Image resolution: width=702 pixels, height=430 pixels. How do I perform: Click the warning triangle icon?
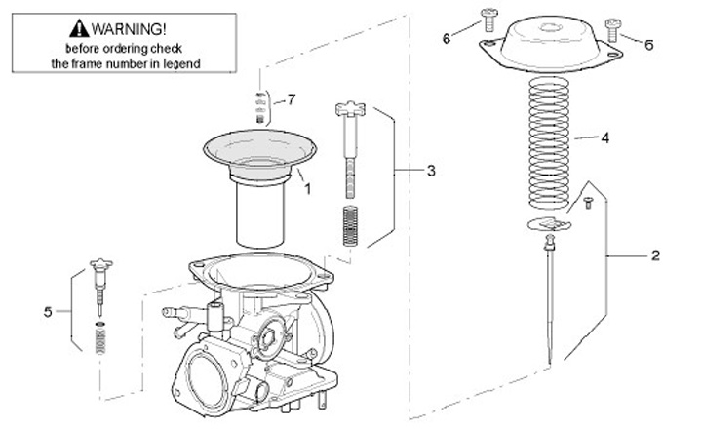(x=79, y=29)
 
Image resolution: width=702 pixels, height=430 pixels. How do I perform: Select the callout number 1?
(x=308, y=188)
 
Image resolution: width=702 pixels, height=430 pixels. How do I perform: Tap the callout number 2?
(x=655, y=255)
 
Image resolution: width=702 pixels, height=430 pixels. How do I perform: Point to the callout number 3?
(x=431, y=170)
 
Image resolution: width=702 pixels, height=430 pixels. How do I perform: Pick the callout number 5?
(x=48, y=312)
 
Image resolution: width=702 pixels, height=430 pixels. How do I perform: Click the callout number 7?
(x=291, y=99)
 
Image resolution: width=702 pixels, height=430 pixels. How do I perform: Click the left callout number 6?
(x=447, y=38)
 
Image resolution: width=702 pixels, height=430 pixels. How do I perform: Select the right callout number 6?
(x=648, y=45)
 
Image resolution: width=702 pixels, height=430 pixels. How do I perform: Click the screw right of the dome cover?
(x=613, y=26)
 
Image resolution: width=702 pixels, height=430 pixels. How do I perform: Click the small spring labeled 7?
(x=260, y=106)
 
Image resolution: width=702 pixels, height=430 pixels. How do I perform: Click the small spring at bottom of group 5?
(x=98, y=342)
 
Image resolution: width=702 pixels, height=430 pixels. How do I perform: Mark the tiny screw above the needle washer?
(x=588, y=202)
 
